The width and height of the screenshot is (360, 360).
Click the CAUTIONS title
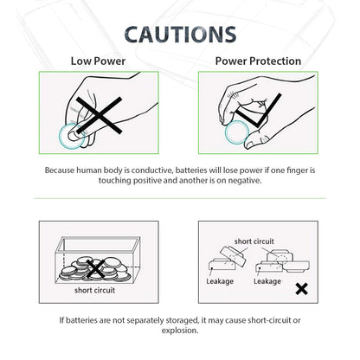click(179, 34)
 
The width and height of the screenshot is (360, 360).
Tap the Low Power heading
click(97, 61)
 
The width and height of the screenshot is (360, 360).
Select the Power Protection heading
click(258, 61)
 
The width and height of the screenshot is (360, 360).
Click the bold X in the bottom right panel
click(301, 288)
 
